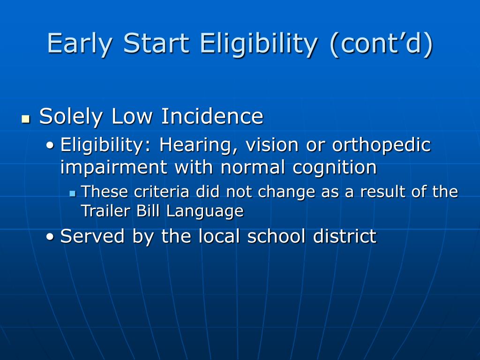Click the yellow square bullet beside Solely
[26, 119]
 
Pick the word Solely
[71, 117]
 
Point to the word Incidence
[212, 116]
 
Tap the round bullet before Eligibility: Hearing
[50, 145]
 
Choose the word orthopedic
[382, 145]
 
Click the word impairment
[113, 168]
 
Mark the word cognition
[334, 168]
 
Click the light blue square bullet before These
[73, 194]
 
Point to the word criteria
[162, 192]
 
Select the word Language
[205, 211]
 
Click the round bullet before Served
[50, 237]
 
